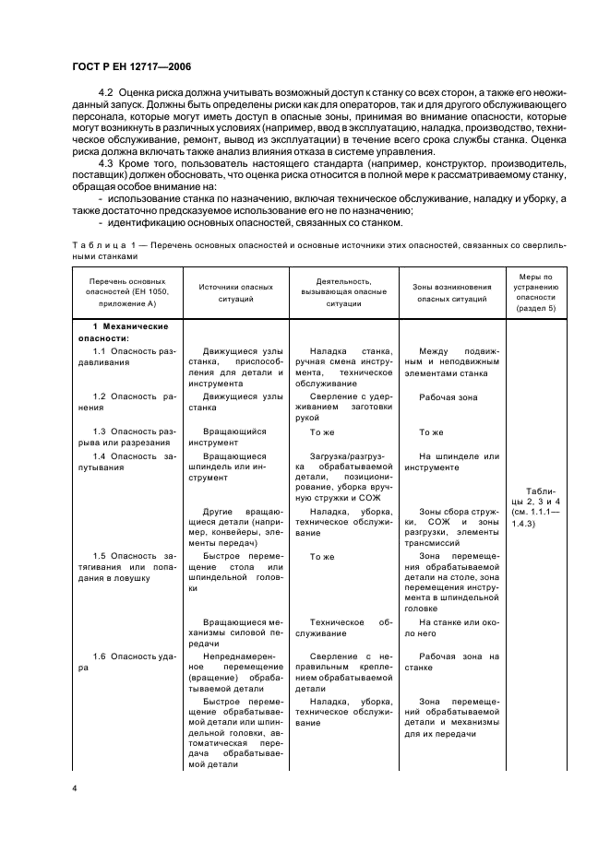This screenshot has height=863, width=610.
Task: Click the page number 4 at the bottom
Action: click(x=75, y=788)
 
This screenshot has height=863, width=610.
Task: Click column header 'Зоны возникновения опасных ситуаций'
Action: click(x=452, y=292)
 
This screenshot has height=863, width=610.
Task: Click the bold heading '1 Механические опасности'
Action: click(x=126, y=332)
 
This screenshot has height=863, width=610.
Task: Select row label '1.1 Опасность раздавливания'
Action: click(x=126, y=357)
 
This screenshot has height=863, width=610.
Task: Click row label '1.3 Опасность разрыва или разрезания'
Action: click(x=126, y=437)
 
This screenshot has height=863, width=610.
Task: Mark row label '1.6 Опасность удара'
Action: click(x=126, y=662)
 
